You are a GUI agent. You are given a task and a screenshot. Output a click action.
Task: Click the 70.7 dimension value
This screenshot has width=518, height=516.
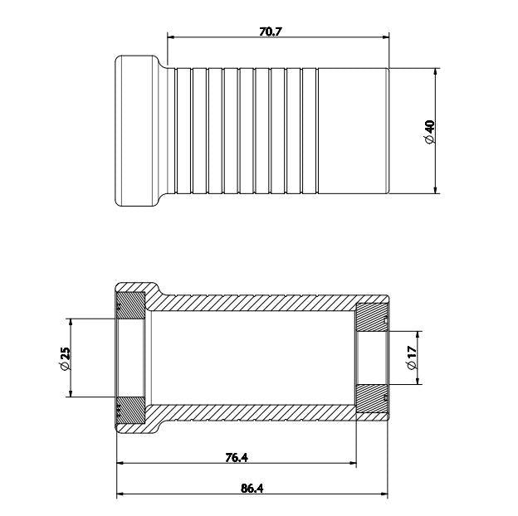click(x=270, y=32)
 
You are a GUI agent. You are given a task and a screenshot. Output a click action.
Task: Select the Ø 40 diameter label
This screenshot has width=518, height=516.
click(x=430, y=132)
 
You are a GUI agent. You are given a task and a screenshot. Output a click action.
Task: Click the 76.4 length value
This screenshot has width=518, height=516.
click(x=237, y=458)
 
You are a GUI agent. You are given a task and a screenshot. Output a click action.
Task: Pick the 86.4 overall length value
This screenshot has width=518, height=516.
click(x=252, y=489)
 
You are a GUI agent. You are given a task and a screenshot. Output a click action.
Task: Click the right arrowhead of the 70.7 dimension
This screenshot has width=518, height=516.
click(x=385, y=37)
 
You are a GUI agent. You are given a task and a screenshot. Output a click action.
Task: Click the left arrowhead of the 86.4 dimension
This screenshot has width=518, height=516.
click(x=120, y=494)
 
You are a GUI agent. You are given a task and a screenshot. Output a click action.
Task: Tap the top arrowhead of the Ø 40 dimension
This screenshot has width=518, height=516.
click(x=436, y=72)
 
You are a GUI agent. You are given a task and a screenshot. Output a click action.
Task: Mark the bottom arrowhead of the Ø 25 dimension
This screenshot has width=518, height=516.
click(x=70, y=392)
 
